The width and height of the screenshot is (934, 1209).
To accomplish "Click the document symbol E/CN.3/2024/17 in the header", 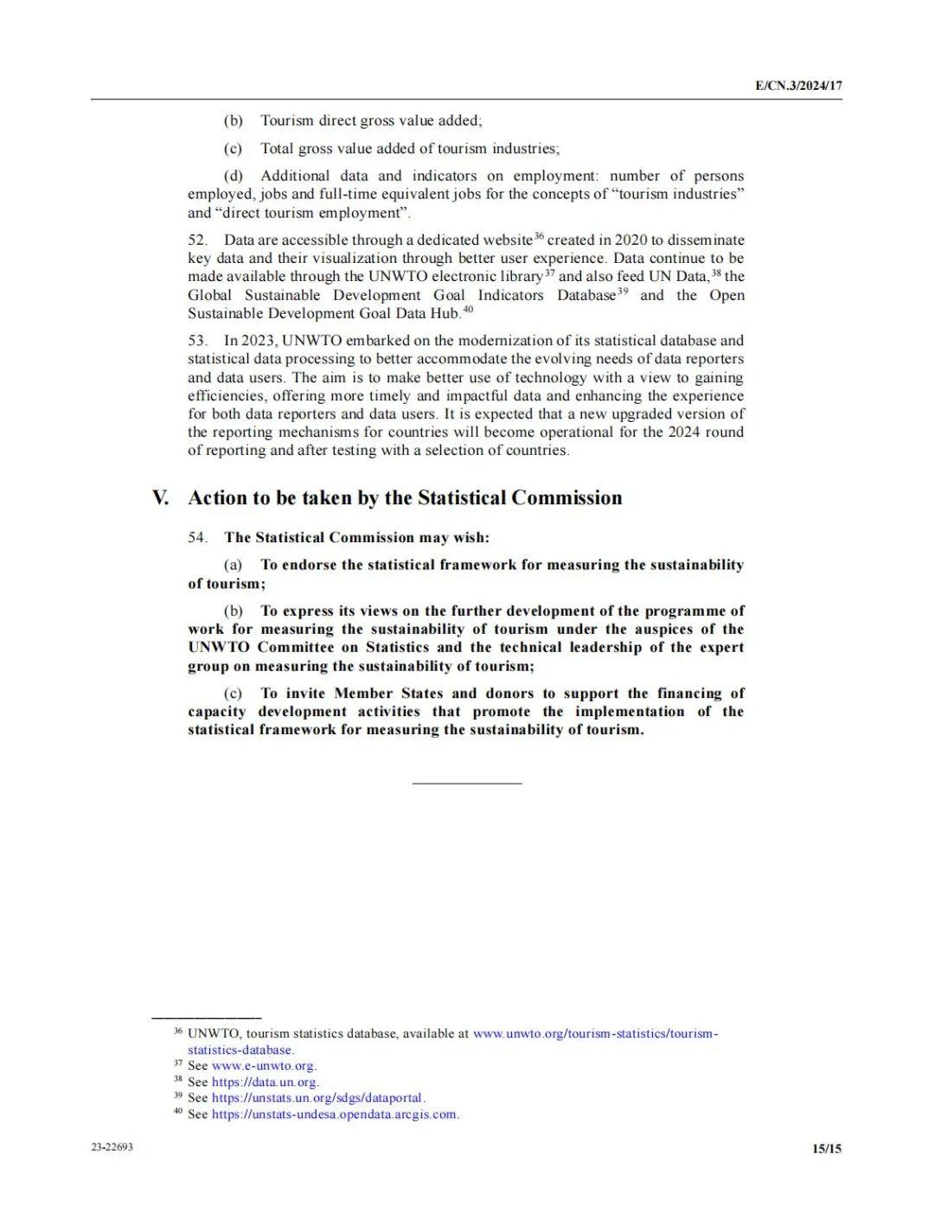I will point(798,86).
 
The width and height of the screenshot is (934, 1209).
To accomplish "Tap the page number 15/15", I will point(827,1148).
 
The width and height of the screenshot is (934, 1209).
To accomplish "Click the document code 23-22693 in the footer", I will point(112,1148).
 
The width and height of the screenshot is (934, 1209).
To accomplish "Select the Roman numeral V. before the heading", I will point(160,498).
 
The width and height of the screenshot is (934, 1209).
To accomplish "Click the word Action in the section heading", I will point(217,498).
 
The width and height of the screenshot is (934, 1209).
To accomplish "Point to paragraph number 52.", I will point(197,240).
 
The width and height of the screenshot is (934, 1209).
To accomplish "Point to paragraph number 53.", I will point(197,341).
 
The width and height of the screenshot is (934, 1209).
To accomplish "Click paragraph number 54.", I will point(197,538).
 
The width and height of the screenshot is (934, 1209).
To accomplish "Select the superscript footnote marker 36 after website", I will point(539,236).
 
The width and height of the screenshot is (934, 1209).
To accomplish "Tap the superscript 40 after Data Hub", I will point(468,310).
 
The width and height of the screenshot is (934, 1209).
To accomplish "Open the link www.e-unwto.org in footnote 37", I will point(264,1066).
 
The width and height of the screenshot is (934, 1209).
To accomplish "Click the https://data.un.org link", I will point(265,1082).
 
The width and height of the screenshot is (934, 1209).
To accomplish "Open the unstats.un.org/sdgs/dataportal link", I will point(317,1098).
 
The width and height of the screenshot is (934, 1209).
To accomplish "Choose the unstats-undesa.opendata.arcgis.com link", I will point(335,1115).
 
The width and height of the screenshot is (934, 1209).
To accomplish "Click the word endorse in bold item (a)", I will point(309,566).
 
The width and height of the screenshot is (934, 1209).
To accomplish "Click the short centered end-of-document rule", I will point(467,784).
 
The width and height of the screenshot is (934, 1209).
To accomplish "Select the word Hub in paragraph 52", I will point(445,314).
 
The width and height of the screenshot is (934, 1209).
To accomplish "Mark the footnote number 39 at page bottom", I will point(178,1097).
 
